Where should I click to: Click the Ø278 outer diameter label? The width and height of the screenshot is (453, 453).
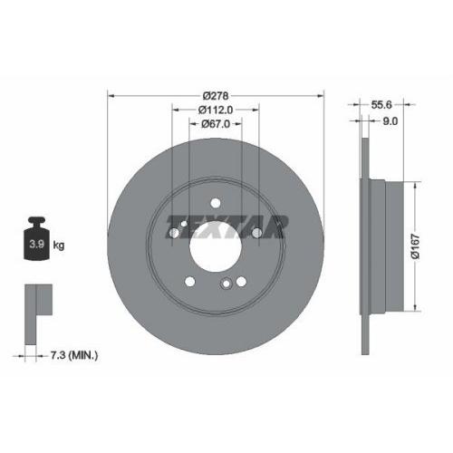[215, 95]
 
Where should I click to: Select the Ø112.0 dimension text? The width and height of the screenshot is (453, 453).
[215, 110]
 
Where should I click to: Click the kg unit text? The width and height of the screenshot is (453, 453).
[59, 245]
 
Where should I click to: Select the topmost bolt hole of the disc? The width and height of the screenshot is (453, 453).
[215, 203]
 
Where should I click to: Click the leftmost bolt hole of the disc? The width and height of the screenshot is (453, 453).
[173, 234]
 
